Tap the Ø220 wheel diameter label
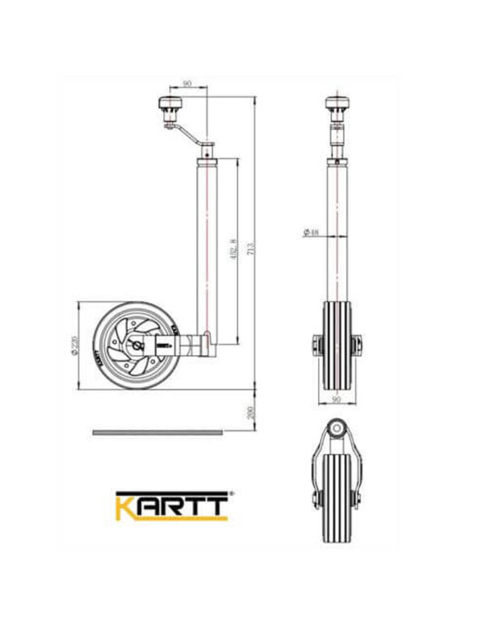[75, 346]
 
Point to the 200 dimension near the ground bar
[250, 411]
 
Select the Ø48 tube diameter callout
[311, 233]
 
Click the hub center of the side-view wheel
[137, 345]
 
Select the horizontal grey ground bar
[158, 433]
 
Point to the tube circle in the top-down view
[337, 429]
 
